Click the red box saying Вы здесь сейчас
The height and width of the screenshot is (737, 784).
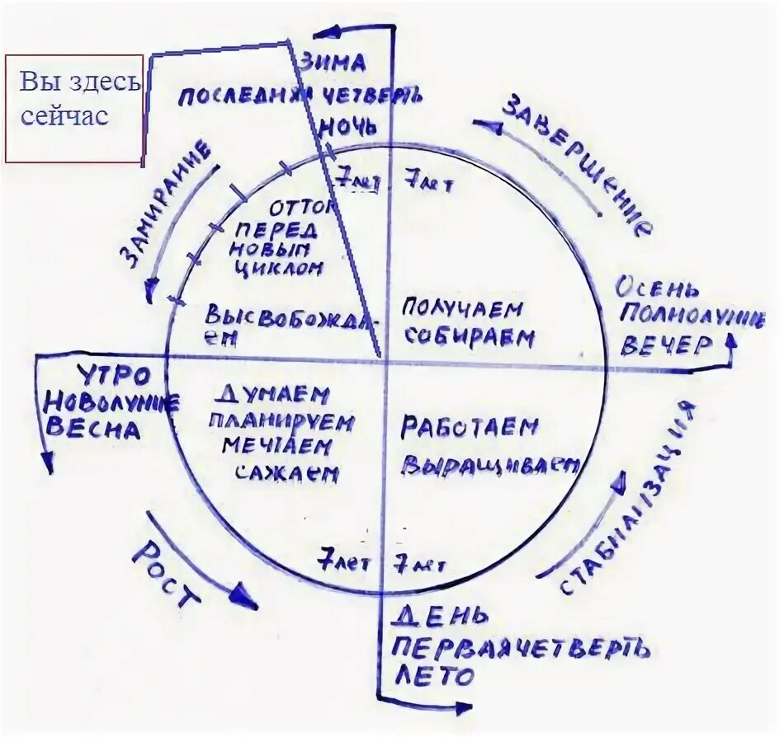click(74, 108)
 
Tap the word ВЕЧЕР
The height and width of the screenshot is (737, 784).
click(665, 345)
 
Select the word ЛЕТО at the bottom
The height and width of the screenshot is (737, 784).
click(434, 675)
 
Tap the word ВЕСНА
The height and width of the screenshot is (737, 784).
click(92, 429)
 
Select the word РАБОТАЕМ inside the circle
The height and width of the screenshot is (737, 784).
click(470, 428)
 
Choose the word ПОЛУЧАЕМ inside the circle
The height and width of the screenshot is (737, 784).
click(463, 310)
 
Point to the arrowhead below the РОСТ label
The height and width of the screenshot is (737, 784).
click(244, 596)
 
